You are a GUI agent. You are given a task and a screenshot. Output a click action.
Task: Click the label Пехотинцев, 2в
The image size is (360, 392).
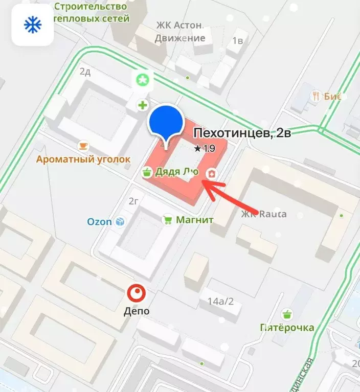point(242,134)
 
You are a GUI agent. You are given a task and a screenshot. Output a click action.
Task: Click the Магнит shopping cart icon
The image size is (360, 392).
point(167,220)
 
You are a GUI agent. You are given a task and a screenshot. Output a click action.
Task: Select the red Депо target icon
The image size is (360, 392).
point(137,293)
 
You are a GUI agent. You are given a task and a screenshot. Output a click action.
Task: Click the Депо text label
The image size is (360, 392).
point(137,310)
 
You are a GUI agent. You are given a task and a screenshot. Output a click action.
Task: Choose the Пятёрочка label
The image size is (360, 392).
point(286,328)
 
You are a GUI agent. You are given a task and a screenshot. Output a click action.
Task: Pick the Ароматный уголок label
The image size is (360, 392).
point(83,159)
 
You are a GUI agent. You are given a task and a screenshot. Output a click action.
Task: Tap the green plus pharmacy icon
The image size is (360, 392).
point(142,106)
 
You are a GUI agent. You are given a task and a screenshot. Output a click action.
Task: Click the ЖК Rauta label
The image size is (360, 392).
point(264,214)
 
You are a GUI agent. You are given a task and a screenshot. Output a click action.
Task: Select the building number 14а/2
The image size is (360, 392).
point(220,301)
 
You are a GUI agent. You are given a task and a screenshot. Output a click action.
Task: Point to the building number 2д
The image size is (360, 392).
point(85,72)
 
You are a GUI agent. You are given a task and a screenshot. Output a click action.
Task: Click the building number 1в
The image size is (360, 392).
point(237,41)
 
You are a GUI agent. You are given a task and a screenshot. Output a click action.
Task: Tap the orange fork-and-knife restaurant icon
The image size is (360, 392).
point(317,96)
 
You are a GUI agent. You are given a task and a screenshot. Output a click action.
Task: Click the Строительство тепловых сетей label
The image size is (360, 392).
point(91,12)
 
